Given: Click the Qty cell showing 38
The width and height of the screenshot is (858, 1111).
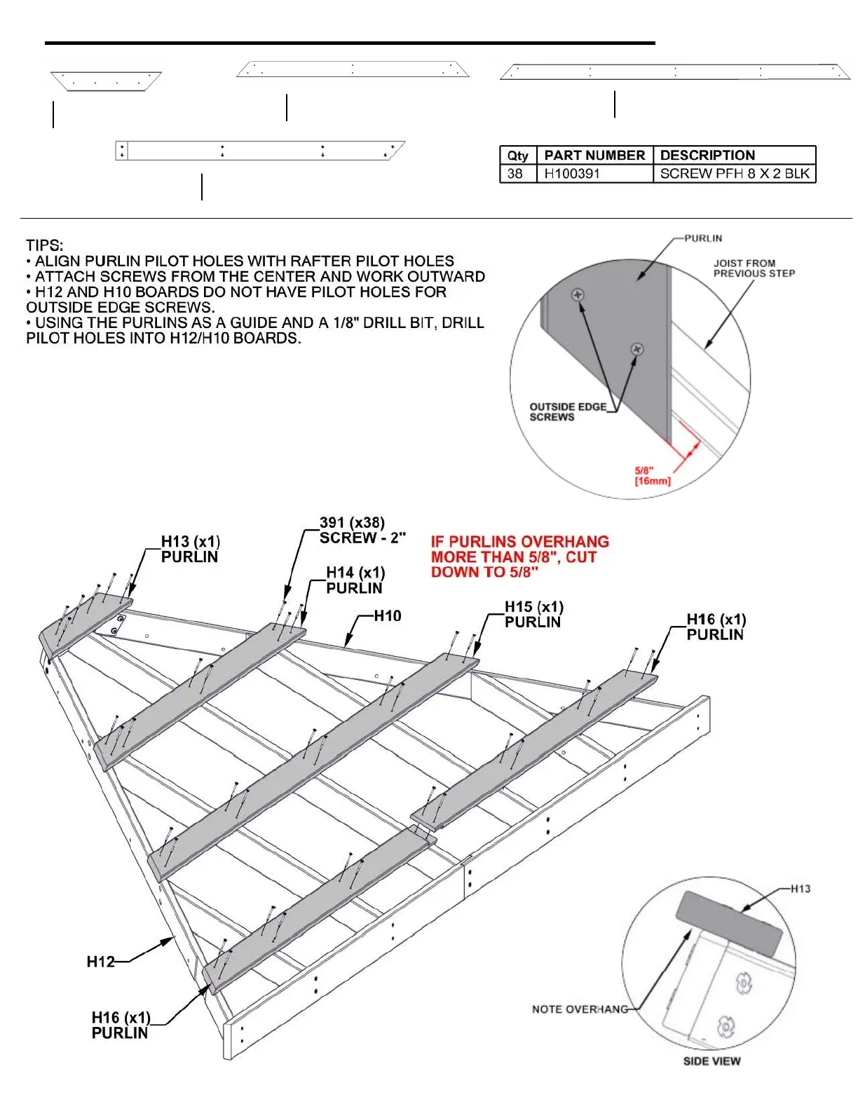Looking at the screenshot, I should click(x=515, y=174).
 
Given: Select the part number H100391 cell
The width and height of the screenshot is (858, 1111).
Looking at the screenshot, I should click(x=572, y=174).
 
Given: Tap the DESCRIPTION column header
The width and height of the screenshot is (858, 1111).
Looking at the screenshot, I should click(x=707, y=155).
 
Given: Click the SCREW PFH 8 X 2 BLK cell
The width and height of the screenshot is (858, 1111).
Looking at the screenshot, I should click(x=734, y=174).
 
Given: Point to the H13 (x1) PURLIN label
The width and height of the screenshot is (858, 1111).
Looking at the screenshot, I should click(x=190, y=549).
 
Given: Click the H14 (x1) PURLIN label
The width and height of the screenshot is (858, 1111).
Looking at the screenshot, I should click(x=355, y=580).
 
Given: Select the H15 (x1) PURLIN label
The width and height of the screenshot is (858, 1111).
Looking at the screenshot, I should click(x=533, y=614).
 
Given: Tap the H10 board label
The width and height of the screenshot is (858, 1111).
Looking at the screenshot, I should click(x=387, y=616).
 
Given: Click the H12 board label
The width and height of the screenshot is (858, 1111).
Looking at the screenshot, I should click(x=100, y=962).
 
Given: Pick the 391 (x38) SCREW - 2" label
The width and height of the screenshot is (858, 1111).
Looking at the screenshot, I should click(x=362, y=530).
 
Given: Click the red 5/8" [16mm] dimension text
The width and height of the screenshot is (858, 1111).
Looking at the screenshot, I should click(x=652, y=476).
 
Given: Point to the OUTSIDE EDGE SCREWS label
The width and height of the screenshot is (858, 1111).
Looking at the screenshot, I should click(x=567, y=411).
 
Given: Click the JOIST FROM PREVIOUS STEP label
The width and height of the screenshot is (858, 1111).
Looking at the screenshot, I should click(x=754, y=268).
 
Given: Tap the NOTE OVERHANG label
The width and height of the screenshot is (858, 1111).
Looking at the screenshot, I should click(x=580, y=1009).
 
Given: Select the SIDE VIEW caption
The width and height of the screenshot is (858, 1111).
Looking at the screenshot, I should click(x=711, y=1061).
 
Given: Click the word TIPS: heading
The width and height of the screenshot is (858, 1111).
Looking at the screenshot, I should click(x=44, y=245).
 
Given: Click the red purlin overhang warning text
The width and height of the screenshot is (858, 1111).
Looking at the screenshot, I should click(x=519, y=557).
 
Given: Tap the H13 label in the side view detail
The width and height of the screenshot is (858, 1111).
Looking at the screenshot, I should click(x=801, y=889).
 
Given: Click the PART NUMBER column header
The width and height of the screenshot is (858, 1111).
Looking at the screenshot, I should click(x=594, y=155).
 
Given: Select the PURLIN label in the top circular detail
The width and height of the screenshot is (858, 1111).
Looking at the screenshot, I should click(x=702, y=238).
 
